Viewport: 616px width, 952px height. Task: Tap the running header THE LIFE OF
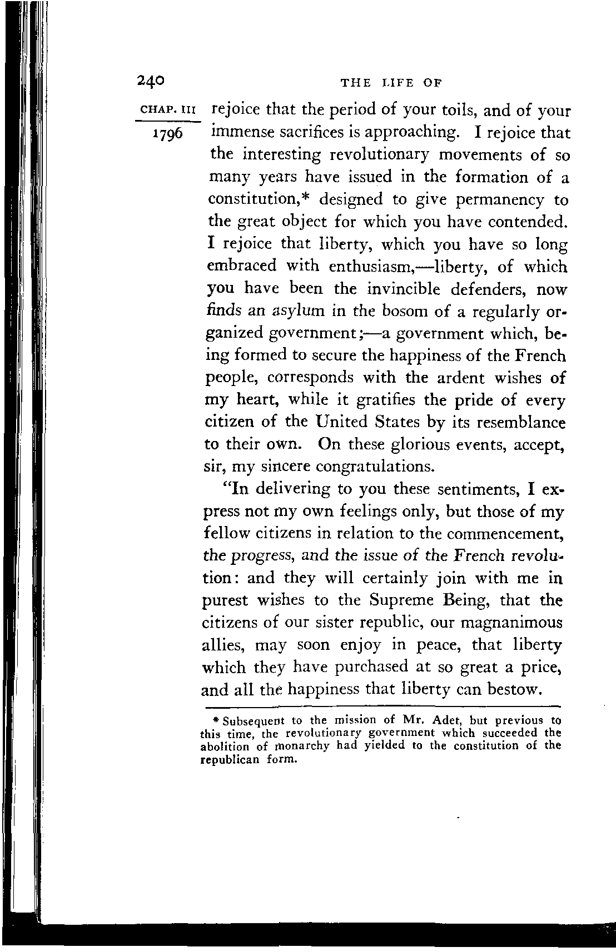point(391,83)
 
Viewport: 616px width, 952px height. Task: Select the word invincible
point(404,289)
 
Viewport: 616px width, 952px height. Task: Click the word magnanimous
point(508,622)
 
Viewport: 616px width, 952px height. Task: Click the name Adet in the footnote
point(444,721)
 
